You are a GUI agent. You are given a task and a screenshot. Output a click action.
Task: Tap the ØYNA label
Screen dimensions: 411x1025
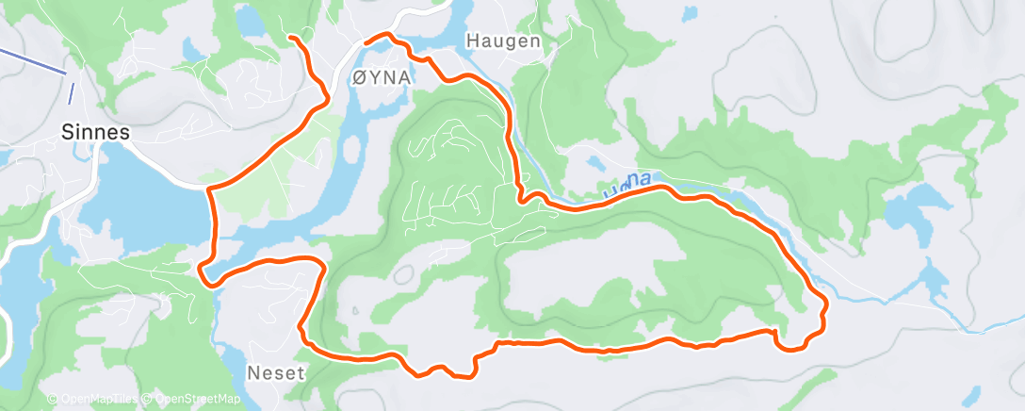pyautogui.click(x=381, y=79)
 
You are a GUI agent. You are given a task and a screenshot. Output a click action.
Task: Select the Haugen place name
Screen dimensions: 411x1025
pyautogui.click(x=504, y=41)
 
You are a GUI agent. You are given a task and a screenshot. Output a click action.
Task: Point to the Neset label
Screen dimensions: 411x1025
pyautogui.click(x=276, y=372)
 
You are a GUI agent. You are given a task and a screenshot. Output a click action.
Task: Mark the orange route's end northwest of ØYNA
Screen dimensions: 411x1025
pyautogui.click(x=290, y=37)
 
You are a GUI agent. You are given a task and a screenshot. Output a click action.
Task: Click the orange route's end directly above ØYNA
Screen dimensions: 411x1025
pyautogui.click(x=366, y=41)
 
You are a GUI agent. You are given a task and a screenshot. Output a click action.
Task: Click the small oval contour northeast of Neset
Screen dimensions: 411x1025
pyautogui.click(x=405, y=274)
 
